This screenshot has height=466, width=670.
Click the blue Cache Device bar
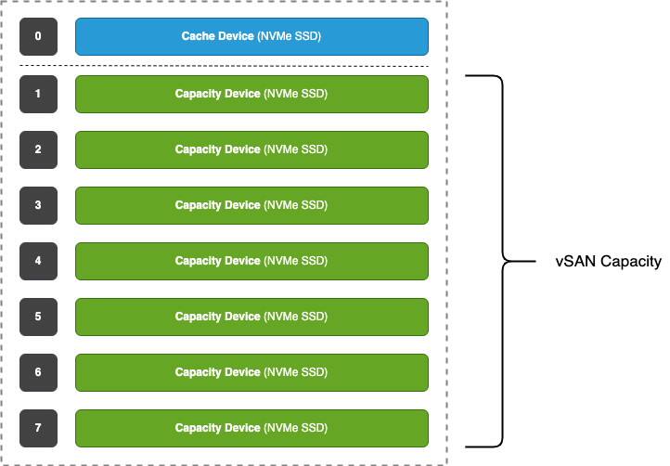[x=251, y=37]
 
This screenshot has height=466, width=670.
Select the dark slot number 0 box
[x=37, y=37]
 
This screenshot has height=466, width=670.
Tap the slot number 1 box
[x=37, y=94]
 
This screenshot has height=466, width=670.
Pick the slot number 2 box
[x=37, y=149]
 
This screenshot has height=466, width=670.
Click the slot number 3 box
[x=37, y=205]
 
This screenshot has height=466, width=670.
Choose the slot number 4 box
[x=37, y=261]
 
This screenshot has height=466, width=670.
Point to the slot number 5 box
[x=37, y=317]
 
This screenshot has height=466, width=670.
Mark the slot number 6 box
[x=37, y=372]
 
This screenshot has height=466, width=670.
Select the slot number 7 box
[x=37, y=428]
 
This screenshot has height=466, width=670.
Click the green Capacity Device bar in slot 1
[x=251, y=94]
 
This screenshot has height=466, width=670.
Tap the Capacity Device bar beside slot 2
[x=251, y=149]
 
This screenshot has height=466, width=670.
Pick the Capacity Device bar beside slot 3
[x=251, y=205]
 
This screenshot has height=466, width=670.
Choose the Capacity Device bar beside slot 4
[x=251, y=261]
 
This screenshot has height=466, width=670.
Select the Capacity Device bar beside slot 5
[x=251, y=317]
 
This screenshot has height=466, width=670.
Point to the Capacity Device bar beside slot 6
[x=251, y=372]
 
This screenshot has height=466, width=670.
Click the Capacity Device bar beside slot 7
[x=251, y=428]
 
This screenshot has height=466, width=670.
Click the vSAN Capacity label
[x=608, y=262]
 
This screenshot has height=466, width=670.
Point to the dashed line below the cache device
[x=223, y=67]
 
